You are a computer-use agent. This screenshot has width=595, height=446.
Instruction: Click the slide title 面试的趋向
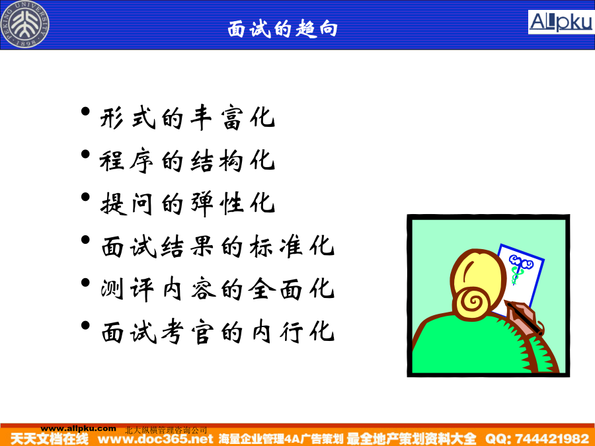pos(283,28)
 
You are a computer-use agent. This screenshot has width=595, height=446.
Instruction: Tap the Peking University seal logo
pos(25,24)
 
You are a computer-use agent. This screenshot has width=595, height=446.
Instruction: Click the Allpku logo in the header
pos(561,22)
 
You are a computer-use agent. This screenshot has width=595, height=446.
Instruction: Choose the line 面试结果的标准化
pos(218,246)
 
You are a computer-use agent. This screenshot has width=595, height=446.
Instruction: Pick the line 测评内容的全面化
pos(218,289)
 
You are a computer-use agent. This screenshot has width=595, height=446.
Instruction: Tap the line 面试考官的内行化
pos(218,332)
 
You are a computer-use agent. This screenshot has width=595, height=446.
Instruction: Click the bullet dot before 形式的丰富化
pos(85,112)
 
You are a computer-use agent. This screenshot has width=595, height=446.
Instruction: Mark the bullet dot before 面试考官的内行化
pos(85,325)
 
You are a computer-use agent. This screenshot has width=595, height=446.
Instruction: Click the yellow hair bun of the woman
pos(472,302)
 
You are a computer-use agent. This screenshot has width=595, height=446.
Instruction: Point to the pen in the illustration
pos(524,316)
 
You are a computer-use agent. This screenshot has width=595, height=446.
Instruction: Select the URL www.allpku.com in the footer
pos(78,429)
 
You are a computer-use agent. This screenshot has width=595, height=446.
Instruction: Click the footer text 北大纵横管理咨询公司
pos(166,430)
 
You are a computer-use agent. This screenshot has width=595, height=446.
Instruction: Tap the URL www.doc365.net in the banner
pos(155,439)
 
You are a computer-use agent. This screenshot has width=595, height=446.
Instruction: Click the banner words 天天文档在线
pos(50,439)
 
